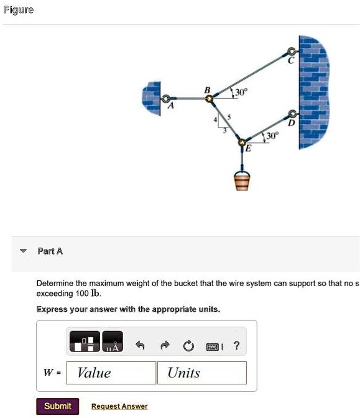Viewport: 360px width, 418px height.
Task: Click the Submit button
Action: pos(58,406)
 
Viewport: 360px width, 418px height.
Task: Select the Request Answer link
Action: pos(119,407)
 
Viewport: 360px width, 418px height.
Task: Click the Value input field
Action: pos(111,373)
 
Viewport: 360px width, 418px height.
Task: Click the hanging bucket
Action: pos(242,181)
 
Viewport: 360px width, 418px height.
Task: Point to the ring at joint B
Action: pos(210,98)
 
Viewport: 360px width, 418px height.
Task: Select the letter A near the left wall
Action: pos(172,107)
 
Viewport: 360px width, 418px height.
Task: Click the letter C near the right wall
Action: pos(290,61)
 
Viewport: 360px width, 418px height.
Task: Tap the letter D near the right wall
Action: pos(288,123)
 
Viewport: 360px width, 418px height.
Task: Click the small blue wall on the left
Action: pos(151,98)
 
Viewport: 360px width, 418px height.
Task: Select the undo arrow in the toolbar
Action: pos(144,346)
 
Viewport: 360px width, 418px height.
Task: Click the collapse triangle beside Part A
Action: pos(24,251)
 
